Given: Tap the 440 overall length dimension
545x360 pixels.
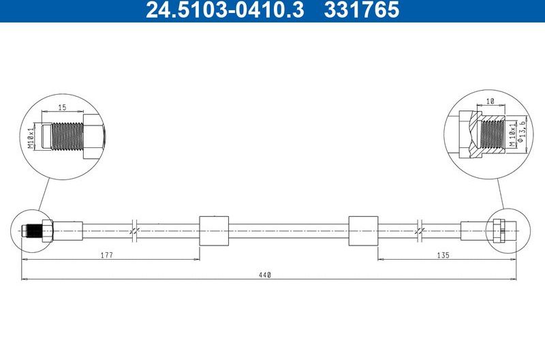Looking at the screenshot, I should pos(265,274).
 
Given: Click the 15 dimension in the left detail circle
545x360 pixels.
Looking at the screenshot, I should pos(62,107).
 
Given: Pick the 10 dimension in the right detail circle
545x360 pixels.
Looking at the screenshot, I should pos(490,101).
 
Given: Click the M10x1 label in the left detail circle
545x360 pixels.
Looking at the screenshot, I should pos(31,136).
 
